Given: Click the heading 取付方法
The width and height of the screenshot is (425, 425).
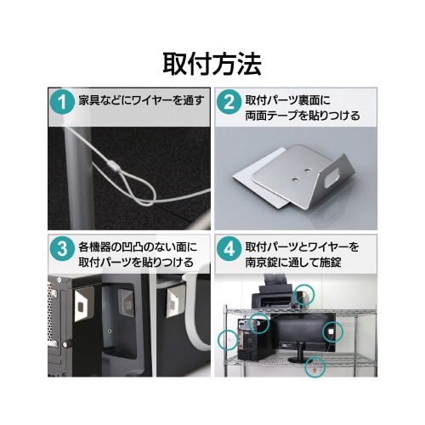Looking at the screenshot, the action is coord(212,64).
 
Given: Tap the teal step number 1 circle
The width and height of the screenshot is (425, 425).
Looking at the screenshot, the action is coord(62,102).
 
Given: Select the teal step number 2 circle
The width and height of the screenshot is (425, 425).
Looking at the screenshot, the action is coord(229,102).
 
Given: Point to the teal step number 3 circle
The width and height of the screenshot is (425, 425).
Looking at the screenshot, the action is coord(62,248).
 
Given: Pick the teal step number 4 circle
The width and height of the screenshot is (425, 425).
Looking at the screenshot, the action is coord(229,248).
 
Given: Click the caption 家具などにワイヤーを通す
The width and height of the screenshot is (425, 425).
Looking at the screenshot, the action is coord(141,100).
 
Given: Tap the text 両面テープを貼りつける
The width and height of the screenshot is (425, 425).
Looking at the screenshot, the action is coord(303,116).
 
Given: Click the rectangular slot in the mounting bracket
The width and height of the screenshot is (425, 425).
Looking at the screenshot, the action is coord(331,178).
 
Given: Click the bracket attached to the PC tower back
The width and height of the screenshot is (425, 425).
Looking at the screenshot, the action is coord(83,303).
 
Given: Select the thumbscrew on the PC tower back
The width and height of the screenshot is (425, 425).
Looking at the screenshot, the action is coord(67,344).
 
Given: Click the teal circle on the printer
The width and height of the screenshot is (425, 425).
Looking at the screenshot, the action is coord(303,295).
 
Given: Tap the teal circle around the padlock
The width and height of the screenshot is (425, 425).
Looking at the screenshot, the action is coord(315,367).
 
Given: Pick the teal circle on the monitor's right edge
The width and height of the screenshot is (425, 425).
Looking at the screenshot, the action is coord(333,331).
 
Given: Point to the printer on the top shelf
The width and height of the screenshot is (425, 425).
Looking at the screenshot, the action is coord(275,296).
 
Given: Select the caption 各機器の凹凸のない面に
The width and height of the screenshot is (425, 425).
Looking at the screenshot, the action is coord(138,247).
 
